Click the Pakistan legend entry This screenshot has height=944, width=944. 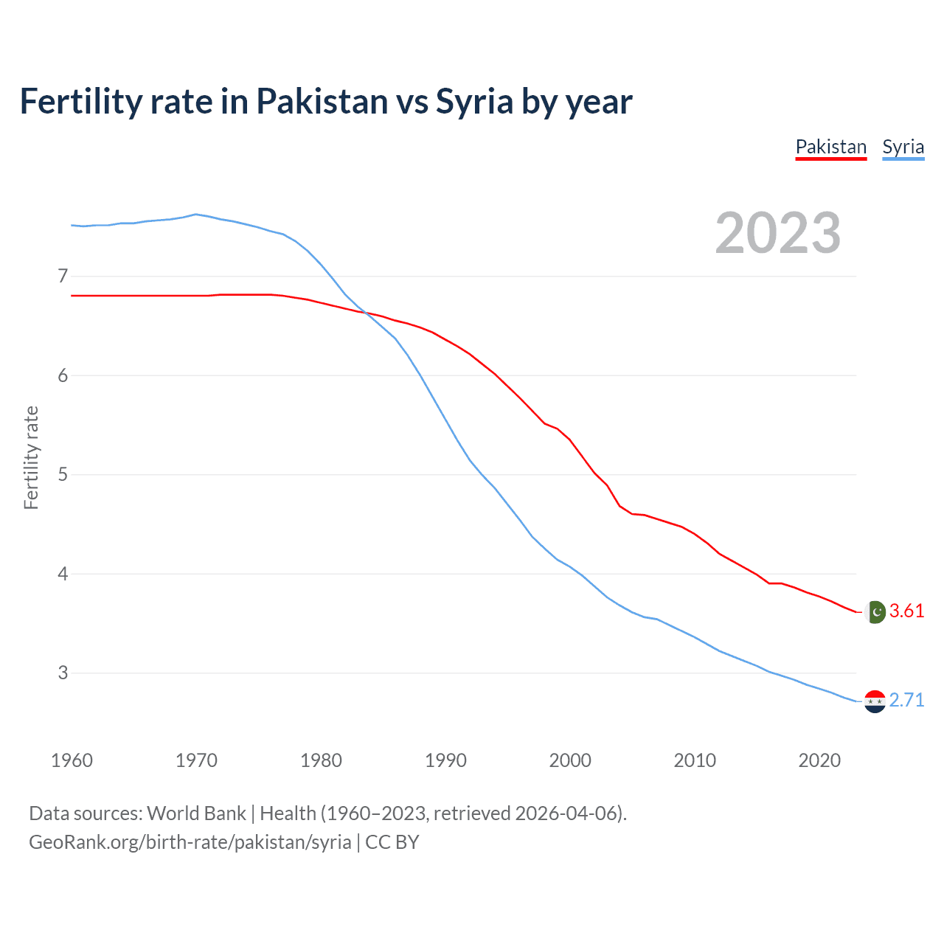pyautogui.click(x=830, y=147)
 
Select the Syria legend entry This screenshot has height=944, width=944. pyautogui.click(x=903, y=147)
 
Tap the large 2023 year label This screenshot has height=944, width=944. pyautogui.click(x=777, y=233)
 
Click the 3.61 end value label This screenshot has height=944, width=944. pyautogui.click(x=906, y=611)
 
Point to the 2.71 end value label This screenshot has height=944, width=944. pyautogui.click(x=906, y=700)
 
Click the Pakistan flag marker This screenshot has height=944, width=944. pyautogui.click(x=875, y=611)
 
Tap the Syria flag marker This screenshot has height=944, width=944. pyautogui.click(x=875, y=701)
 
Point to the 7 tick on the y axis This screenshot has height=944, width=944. pyautogui.click(x=63, y=277)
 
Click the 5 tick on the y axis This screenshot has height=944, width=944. pyautogui.click(x=63, y=474)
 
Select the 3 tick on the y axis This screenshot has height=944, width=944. pyautogui.click(x=63, y=673)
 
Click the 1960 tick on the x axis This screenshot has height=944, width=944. pyautogui.click(x=72, y=760)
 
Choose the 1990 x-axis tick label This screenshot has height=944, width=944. pyautogui.click(x=445, y=760)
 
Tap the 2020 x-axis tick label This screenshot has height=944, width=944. pyautogui.click(x=819, y=760)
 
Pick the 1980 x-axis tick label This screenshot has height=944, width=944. pyautogui.click(x=321, y=760)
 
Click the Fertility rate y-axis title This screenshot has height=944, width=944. pyautogui.click(x=31, y=457)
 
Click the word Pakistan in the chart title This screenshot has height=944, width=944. pyautogui.click(x=322, y=101)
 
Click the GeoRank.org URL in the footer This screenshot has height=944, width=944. pyautogui.click(x=190, y=842)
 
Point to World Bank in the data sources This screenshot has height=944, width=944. pyautogui.click(x=196, y=813)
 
